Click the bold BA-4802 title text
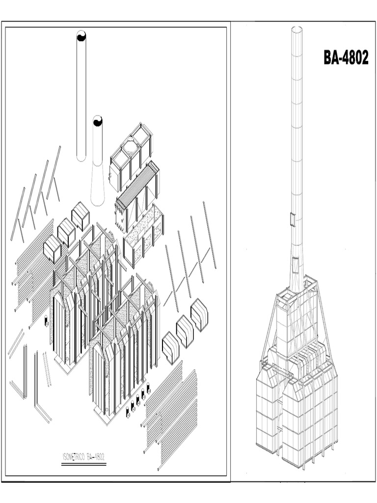346,57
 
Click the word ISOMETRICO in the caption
74,457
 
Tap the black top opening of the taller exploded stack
81,36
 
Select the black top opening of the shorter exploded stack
98,121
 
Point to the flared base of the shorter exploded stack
98,194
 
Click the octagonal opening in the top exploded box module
130,146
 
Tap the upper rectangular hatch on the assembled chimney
293,219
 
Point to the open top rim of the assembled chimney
296,28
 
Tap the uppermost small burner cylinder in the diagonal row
148,388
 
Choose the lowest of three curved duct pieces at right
170,347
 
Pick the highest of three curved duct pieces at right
199,314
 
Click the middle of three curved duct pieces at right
185,331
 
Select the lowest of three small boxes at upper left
52,248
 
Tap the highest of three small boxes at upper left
80,216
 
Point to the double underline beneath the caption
83,464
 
